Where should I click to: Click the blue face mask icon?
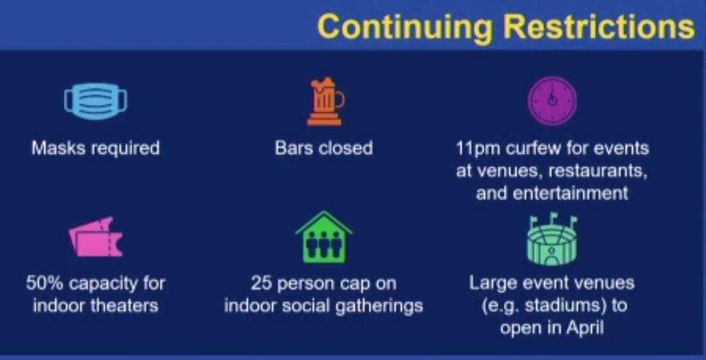[x=96, y=101]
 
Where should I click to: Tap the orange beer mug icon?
[x=325, y=102]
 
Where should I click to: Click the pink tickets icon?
[x=95, y=237]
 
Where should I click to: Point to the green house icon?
[x=323, y=238]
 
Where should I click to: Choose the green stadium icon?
[x=553, y=238]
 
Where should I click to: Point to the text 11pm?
[x=479, y=149]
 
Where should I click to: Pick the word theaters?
[x=125, y=305]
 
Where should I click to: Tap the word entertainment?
[x=578, y=193]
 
